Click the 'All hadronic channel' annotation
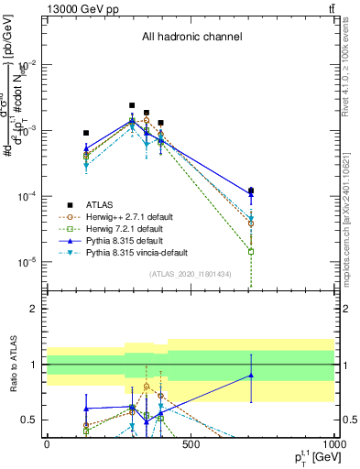click(x=191, y=38)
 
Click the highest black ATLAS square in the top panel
click(x=132, y=105)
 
